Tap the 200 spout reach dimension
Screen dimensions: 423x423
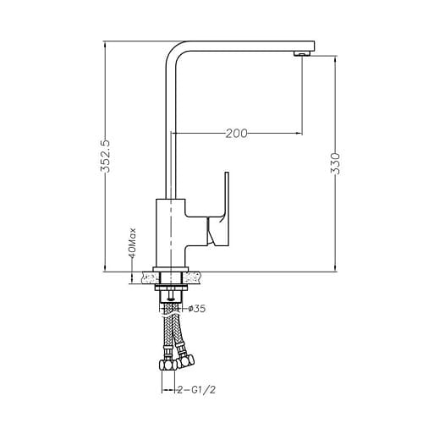coord(238,133)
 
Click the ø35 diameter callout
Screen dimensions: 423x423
coord(196,309)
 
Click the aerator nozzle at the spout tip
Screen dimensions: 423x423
coord(299,55)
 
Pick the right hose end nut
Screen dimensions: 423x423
coord(188,365)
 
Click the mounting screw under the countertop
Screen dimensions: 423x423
coord(173,295)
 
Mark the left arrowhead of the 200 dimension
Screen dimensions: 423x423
coord(177,133)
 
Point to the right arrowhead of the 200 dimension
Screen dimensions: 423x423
coord(298,133)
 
